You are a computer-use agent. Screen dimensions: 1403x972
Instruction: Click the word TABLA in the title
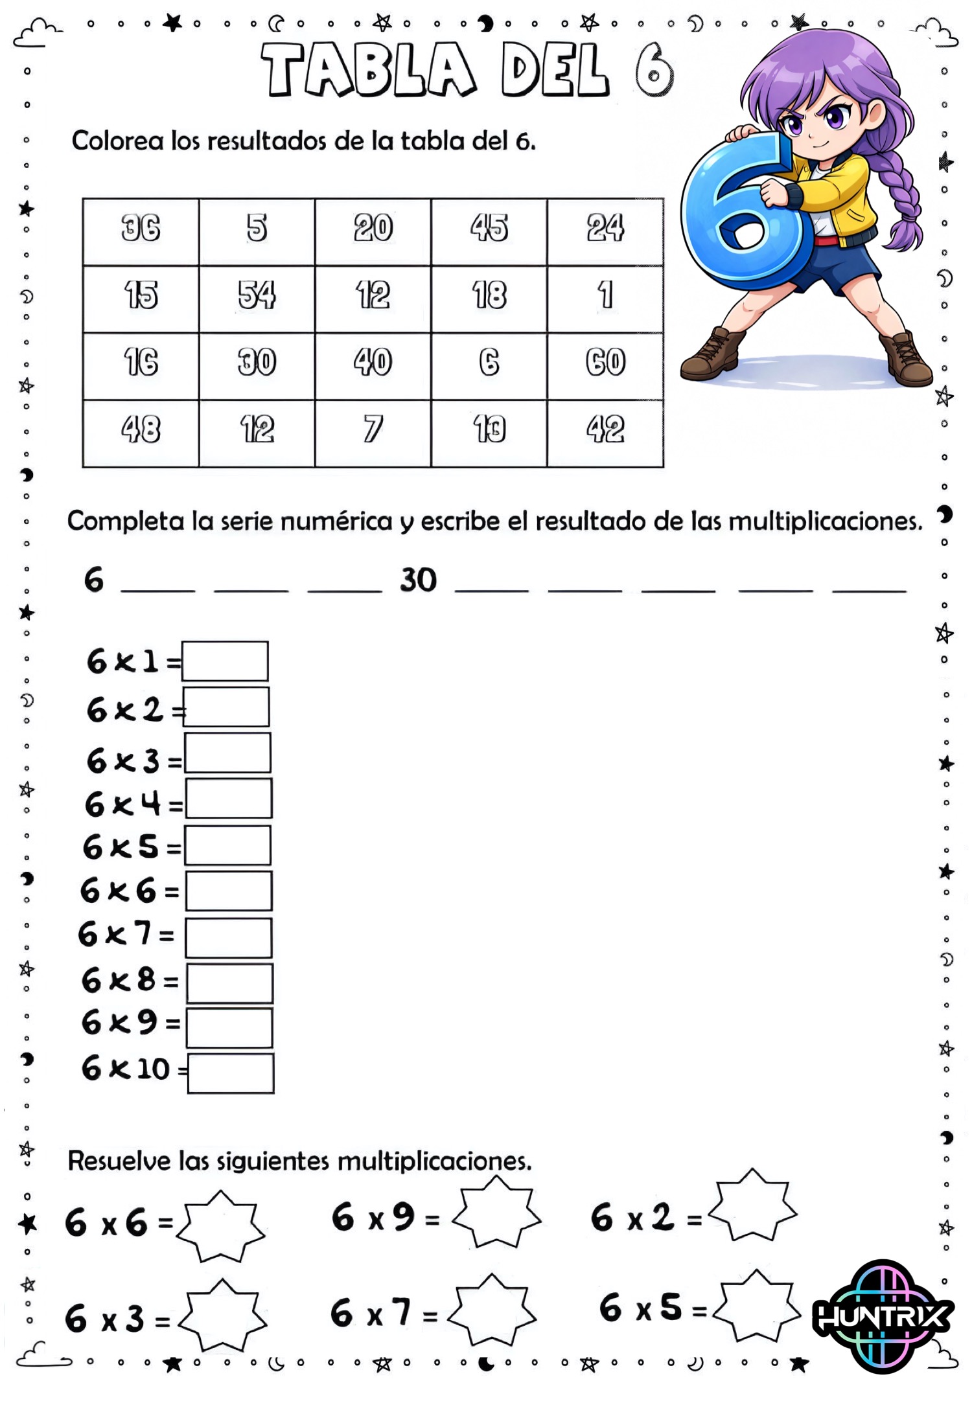[368, 70]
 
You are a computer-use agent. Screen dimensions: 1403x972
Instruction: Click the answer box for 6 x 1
[225, 661]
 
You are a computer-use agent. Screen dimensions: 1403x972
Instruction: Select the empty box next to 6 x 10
[231, 1073]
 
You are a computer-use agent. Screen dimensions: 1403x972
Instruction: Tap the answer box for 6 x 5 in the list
[228, 845]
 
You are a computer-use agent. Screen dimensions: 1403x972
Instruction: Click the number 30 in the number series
[419, 580]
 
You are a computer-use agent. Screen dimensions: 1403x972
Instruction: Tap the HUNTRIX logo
[883, 1315]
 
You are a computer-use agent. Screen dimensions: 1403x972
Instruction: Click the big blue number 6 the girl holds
[745, 214]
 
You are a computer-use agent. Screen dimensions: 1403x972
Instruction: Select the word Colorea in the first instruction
[117, 141]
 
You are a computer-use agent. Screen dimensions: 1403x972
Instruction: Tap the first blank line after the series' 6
[158, 586]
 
